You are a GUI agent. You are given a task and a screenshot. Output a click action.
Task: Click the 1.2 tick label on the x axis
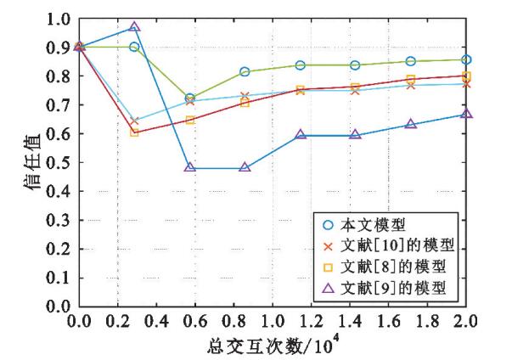(x=321, y=322)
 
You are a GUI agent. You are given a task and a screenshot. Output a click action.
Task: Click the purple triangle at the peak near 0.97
(x=134, y=27)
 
